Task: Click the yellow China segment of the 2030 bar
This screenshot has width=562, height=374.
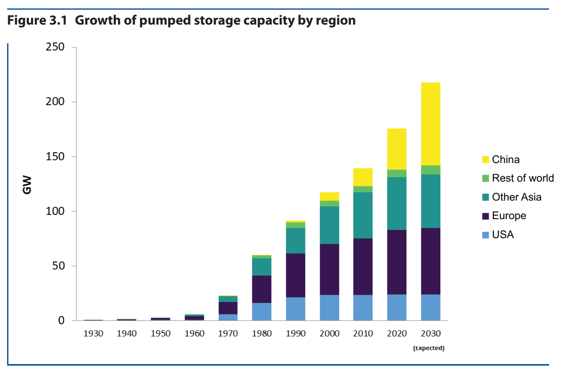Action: tap(430, 124)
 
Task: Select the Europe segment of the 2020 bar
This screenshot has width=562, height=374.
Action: tap(397, 262)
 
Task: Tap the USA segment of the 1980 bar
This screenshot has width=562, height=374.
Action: tap(262, 311)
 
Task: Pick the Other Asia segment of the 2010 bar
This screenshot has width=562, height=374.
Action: tap(363, 215)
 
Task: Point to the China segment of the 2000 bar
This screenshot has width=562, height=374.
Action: tap(329, 196)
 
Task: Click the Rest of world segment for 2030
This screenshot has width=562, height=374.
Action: tap(430, 170)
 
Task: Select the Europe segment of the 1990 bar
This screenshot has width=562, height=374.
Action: tap(295, 275)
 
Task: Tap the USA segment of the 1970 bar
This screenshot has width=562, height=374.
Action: tap(228, 317)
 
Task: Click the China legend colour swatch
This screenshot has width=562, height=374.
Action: tap(485, 160)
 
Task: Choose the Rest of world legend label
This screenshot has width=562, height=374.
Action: tap(523, 178)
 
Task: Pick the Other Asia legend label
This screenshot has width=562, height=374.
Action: tap(516, 197)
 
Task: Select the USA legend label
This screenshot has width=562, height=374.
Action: tap(503, 235)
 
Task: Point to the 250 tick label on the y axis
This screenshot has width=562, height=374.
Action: tap(55, 47)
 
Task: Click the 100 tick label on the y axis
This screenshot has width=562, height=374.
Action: tap(55, 211)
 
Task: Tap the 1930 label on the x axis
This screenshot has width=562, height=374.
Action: tap(93, 333)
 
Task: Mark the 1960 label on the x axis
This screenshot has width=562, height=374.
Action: tap(194, 333)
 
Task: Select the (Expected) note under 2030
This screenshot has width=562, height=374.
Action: tap(428, 348)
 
